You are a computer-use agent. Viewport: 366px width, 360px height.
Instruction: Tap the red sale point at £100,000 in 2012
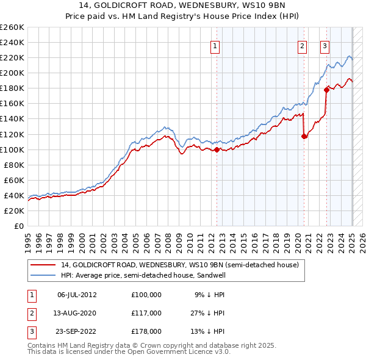[217, 149]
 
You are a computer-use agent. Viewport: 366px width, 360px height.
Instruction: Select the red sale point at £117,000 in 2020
[304, 136]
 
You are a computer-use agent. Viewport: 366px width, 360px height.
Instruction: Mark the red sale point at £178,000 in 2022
[326, 90]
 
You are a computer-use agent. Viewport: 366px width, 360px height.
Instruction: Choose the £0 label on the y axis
[18, 226]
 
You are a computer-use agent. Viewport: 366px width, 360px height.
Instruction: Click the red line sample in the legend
[43, 265]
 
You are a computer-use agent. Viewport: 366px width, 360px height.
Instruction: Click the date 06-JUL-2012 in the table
[77, 295]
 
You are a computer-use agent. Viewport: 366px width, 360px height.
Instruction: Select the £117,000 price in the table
[146, 313]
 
